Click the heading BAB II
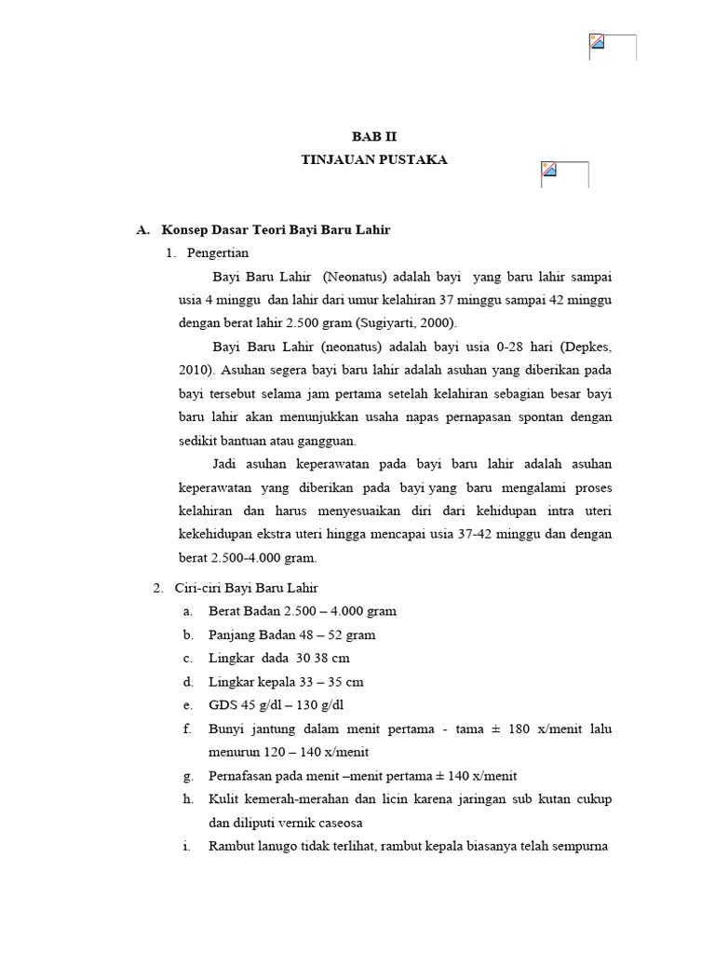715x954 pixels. [x=373, y=136]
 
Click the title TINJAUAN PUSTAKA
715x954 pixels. [x=373, y=160]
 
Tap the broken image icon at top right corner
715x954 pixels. [x=598, y=42]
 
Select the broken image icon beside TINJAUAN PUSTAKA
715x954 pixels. [x=549, y=170]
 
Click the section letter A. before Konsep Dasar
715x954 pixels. [x=142, y=229]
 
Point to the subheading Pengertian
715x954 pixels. [x=217, y=253]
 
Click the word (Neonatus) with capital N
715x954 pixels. [x=356, y=278]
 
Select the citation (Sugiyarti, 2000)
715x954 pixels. [x=405, y=323]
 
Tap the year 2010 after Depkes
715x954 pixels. [x=196, y=369]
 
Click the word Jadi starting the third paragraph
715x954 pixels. [x=226, y=464]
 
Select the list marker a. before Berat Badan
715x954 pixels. [x=188, y=611]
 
